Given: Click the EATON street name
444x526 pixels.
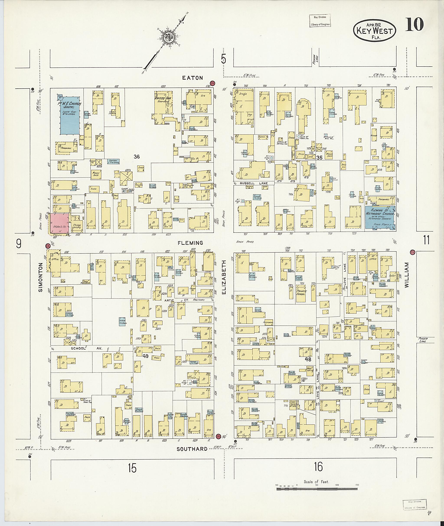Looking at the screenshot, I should (x=193, y=78).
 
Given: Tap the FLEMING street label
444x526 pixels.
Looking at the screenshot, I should (x=190, y=243).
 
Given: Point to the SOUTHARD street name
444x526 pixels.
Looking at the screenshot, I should (x=192, y=449).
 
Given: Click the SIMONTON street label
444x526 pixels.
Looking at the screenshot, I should (x=40, y=277).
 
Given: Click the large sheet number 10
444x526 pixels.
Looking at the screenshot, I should (x=414, y=25).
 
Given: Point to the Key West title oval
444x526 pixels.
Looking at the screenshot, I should (x=375, y=31).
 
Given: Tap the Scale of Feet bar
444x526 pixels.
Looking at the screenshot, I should (x=317, y=489).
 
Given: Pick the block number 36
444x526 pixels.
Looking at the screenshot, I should (x=137, y=157).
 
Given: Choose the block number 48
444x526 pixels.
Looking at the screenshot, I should (x=308, y=359).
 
